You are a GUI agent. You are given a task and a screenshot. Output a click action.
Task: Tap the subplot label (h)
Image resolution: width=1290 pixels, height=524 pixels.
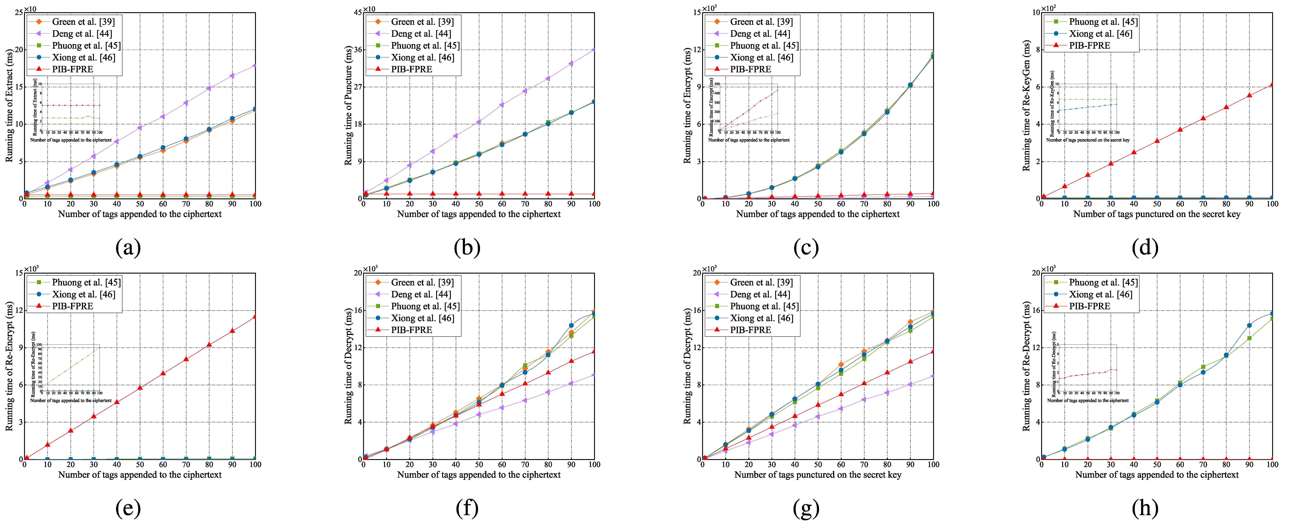click(x=1145, y=508)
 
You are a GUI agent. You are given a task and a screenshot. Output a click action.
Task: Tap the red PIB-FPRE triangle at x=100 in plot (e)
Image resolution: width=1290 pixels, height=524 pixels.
click(x=255, y=317)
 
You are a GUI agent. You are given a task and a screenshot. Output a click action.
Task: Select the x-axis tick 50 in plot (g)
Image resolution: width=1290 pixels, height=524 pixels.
click(x=818, y=464)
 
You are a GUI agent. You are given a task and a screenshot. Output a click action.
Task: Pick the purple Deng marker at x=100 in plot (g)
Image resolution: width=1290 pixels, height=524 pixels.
click(x=933, y=376)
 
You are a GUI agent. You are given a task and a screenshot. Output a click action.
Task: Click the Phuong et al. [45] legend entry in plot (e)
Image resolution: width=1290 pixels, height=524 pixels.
click(x=86, y=283)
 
